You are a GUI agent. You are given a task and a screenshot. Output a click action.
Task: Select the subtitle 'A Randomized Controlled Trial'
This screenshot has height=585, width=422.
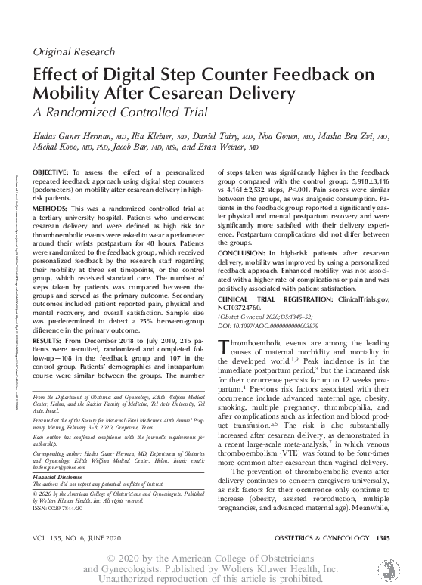[x=118, y=113]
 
